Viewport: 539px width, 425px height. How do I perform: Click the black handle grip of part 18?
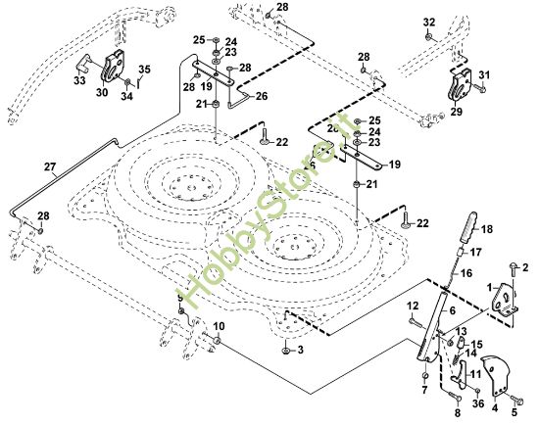click(x=470, y=234)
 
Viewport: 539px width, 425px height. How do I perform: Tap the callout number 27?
click(x=50, y=166)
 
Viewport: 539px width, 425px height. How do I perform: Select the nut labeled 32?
click(x=428, y=36)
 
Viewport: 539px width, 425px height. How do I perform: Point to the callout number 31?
click(x=484, y=75)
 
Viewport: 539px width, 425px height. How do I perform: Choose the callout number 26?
click(x=261, y=96)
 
